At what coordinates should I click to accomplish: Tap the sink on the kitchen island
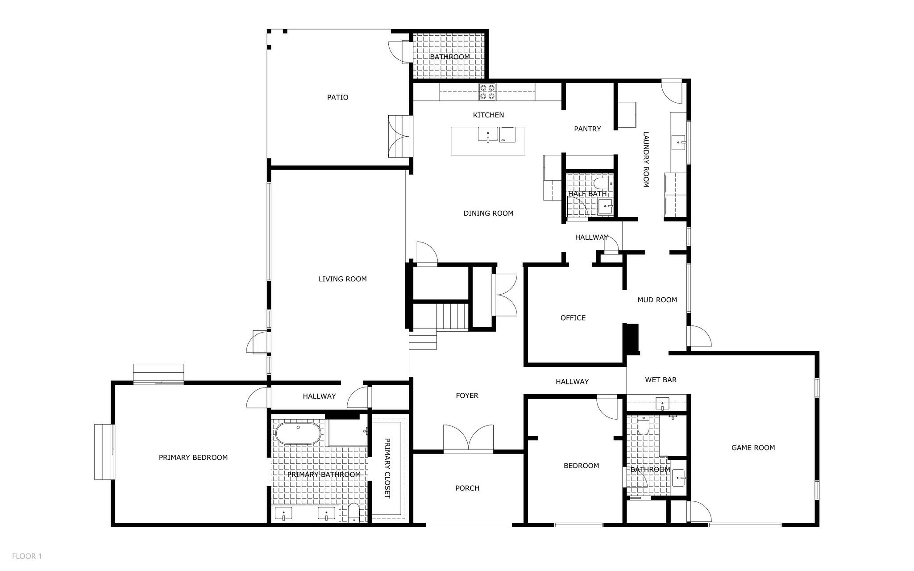click(x=488, y=134)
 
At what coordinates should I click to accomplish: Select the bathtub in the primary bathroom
click(x=298, y=433)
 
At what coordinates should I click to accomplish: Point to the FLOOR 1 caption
click(x=27, y=556)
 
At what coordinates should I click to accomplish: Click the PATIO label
click(x=338, y=97)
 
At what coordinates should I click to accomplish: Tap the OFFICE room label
click(x=573, y=318)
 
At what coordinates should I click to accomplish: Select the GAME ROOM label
click(x=753, y=448)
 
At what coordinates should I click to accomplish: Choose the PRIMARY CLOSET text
click(x=387, y=468)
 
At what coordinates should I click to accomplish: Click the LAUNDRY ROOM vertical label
click(x=645, y=159)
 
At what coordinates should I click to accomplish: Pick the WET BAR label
click(x=661, y=380)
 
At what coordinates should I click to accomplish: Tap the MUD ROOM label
click(x=657, y=300)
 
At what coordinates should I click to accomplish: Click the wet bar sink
click(x=663, y=404)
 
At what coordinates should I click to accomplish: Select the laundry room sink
click(x=679, y=142)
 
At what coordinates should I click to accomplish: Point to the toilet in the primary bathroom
click(x=353, y=513)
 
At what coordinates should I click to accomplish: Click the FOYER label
click(x=467, y=396)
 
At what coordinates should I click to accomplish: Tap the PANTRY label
click(x=587, y=129)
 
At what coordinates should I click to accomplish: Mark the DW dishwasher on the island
click(x=507, y=135)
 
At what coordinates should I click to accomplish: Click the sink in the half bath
click(x=605, y=207)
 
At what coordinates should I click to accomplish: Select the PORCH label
click(x=468, y=488)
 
